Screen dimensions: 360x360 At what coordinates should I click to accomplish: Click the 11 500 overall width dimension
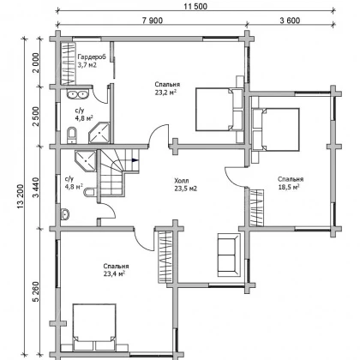pos(195,6)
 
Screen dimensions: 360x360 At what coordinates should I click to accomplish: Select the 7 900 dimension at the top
pos(153,21)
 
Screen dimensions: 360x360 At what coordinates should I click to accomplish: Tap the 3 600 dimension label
pos(290,21)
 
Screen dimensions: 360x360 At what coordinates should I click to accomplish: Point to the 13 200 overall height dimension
pos(21,196)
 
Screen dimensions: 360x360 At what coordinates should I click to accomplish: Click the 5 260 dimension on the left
pos(36,291)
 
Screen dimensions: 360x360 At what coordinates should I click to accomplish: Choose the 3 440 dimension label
pos(36,188)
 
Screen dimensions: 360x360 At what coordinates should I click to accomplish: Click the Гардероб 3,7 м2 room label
pos(92,61)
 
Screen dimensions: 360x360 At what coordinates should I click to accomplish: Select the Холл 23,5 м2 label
pos(186,184)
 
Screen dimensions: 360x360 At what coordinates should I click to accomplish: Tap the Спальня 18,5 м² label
pos(291,183)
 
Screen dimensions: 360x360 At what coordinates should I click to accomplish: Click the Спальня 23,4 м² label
pos(116,270)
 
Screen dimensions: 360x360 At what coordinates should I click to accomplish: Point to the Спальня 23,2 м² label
pos(167,88)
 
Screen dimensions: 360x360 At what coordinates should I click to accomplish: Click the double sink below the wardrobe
pos(78,94)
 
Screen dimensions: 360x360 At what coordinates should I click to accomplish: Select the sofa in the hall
pos(229,255)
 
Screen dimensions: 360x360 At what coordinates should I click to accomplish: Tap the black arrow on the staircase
pos(135,160)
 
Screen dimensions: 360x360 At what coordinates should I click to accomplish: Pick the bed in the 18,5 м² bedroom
pos(276,129)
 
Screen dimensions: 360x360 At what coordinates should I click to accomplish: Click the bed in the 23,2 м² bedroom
pos(219,110)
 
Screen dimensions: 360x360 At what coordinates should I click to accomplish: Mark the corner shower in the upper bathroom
pos(99,133)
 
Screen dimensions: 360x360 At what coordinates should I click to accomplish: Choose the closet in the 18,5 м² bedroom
pos(256,207)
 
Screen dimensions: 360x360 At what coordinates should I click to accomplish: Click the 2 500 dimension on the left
pos(36,117)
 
